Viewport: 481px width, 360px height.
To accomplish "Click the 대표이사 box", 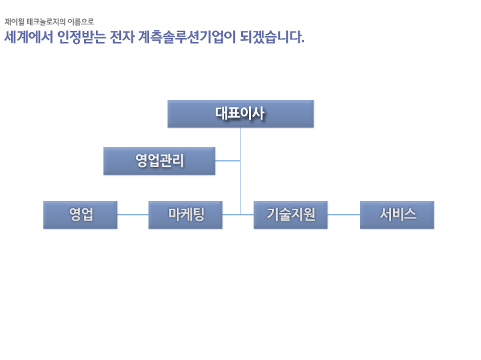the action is (x=240, y=114).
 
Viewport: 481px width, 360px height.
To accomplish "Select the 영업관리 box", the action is (x=159, y=161).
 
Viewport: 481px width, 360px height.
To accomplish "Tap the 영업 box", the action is (x=80, y=215).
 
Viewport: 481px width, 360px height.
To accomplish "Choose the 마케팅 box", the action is (x=185, y=215).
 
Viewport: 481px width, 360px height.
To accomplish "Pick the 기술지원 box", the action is (x=290, y=215).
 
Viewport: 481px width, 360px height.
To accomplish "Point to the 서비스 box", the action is (x=397, y=215).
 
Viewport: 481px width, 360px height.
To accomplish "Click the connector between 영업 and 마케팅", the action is (x=133, y=215).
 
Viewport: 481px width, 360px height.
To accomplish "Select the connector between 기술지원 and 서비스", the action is (x=344, y=215).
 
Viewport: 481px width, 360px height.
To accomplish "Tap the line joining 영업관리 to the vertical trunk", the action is (x=227, y=161).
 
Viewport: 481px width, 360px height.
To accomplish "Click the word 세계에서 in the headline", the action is (x=28, y=37).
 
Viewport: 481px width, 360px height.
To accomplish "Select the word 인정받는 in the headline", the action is (x=81, y=37).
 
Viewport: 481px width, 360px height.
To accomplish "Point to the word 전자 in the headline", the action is (x=122, y=37).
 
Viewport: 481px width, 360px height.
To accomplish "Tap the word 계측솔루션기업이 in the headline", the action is (x=187, y=37).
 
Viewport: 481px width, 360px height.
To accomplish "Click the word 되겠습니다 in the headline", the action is (x=270, y=37).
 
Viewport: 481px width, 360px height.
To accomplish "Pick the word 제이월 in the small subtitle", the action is (x=14, y=22).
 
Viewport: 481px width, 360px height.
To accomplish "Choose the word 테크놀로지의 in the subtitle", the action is (x=46, y=22).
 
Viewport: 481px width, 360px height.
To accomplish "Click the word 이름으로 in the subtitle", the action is (x=81, y=22).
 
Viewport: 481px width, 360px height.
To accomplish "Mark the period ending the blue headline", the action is (x=303, y=41).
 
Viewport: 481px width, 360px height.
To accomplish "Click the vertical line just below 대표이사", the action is (x=240, y=171).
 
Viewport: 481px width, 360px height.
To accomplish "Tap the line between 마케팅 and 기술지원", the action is (x=238, y=215).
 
